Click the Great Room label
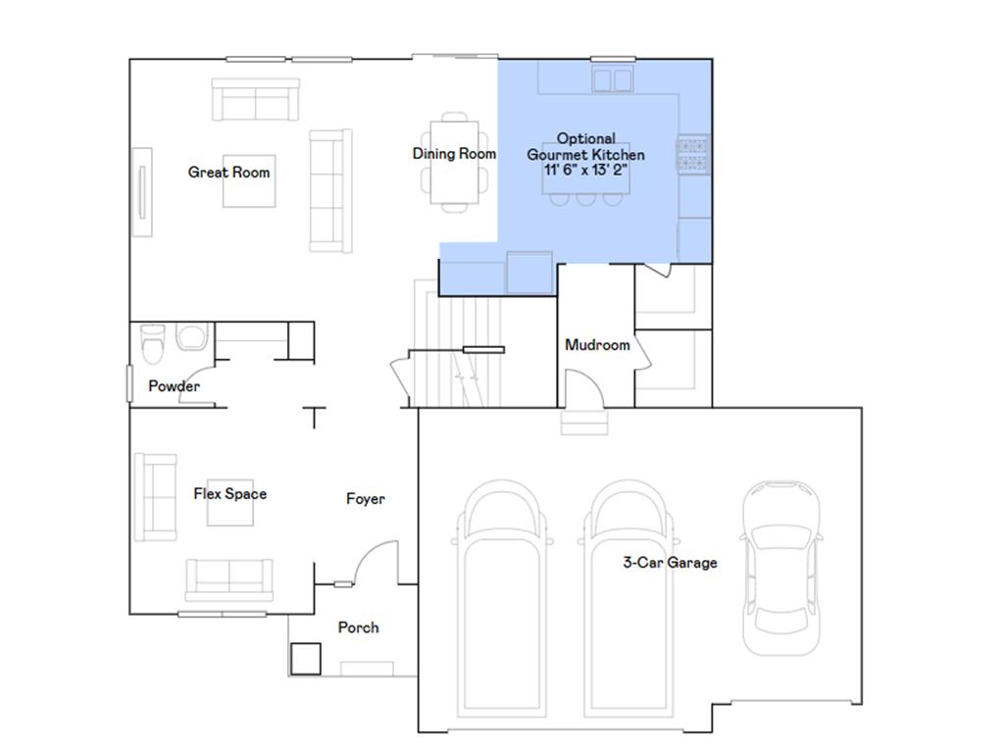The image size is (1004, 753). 228,173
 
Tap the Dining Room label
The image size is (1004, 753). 454,154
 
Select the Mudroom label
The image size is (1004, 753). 597,345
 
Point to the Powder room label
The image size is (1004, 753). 174,386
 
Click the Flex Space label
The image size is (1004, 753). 229,494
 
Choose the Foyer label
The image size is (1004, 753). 366,499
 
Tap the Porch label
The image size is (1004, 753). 358,627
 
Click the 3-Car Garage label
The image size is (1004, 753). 670,563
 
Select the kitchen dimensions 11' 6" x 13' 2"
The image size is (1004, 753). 585,171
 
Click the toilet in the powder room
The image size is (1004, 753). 152,343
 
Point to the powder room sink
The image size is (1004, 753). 193,336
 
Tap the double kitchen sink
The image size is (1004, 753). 613,80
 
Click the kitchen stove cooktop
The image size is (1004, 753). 693,154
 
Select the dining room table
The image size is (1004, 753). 454,162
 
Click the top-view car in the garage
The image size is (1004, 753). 781,569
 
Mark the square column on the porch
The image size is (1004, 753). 306,659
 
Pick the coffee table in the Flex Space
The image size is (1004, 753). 229,503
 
